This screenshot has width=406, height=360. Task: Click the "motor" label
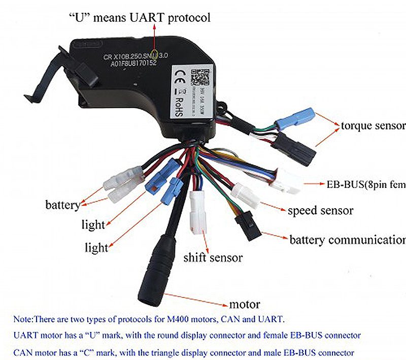tap(245, 305)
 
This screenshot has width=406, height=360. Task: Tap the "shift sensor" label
tap(213, 257)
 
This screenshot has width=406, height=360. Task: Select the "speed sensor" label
tap(321, 210)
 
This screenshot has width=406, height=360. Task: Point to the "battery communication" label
tap(347, 240)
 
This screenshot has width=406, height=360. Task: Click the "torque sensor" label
tap(373, 125)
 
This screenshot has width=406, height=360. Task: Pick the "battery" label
tap(62, 205)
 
